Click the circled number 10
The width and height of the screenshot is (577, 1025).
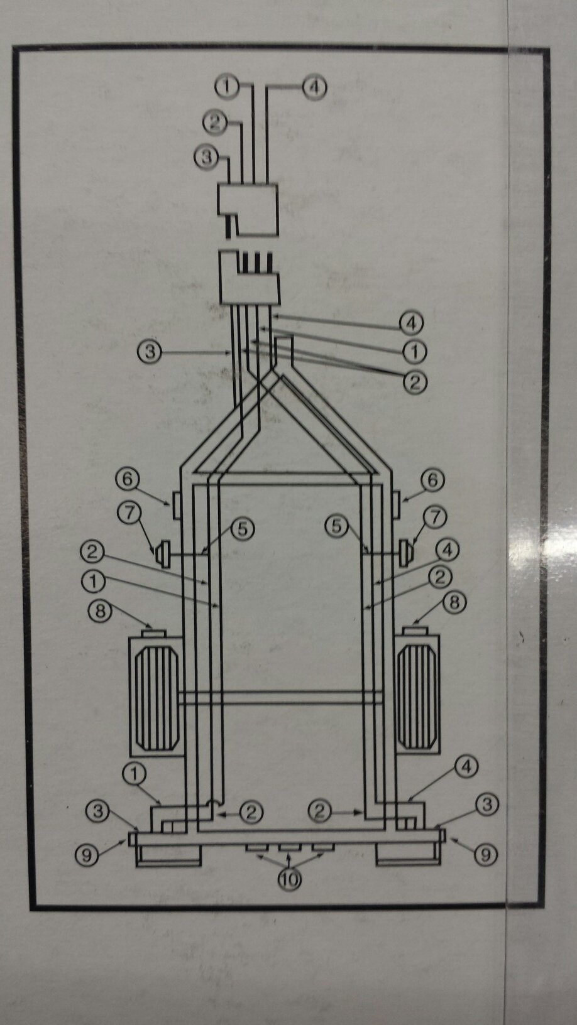tap(289, 879)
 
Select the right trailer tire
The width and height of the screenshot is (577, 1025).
tap(417, 696)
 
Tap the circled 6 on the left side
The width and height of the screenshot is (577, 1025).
tap(128, 480)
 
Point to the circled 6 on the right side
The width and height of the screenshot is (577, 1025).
tap(432, 481)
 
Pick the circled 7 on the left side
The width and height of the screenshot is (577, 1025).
tap(130, 514)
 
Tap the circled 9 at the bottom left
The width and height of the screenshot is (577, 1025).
tap(87, 854)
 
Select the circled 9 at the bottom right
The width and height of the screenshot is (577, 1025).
tap(485, 854)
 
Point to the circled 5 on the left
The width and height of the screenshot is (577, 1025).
tap(242, 529)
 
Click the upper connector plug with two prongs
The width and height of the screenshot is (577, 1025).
tap(248, 209)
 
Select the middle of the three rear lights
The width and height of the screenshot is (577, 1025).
tap(290, 849)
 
